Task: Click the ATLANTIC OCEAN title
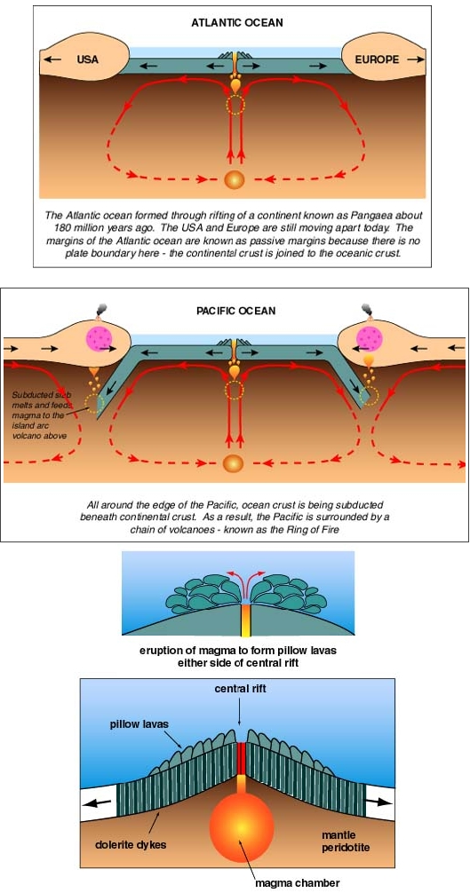(237, 23)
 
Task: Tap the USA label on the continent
(87, 59)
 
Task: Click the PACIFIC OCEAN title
(235, 311)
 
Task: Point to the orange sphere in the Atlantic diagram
(235, 178)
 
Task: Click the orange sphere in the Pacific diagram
(235, 462)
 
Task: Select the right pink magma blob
(370, 339)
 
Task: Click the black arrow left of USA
(52, 59)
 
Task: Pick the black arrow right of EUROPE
(416, 59)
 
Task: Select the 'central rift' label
(241, 689)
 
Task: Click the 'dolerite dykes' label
(131, 844)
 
